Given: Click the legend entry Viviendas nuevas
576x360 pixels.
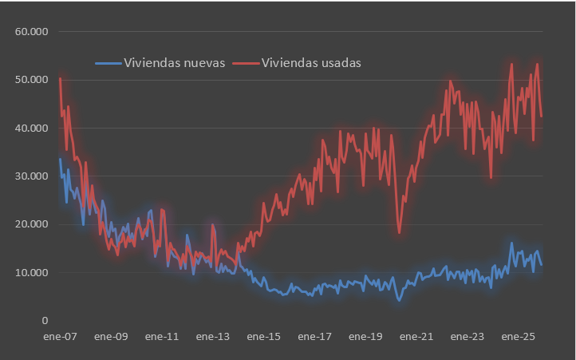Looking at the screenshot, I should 174,63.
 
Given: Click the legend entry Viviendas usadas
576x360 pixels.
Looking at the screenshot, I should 312,63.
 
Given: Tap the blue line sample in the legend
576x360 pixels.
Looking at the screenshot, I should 108,63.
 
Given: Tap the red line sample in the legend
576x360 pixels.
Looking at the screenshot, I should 246,63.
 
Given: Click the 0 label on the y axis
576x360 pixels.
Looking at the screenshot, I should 45,320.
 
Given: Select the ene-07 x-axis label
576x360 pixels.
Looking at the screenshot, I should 60,337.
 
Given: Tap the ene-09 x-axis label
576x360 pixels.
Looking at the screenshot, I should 111,337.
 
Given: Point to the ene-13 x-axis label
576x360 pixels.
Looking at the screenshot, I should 213,337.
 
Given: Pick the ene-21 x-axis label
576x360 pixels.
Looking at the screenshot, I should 416,337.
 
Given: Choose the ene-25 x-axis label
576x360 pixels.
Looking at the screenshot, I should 518,337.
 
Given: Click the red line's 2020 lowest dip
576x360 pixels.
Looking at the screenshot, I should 400,232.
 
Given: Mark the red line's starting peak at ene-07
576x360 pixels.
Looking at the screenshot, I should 60,78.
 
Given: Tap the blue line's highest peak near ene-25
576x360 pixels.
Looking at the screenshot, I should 511,243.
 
